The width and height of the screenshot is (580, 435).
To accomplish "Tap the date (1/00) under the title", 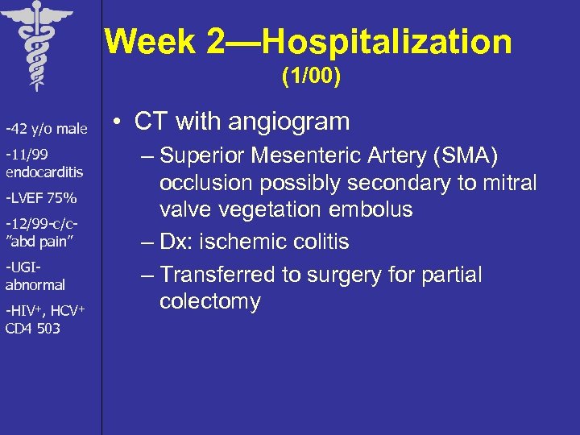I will point(311,77).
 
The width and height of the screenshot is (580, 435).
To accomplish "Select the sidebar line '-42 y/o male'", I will point(47,129).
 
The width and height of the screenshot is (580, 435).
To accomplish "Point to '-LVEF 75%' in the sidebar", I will point(41,198).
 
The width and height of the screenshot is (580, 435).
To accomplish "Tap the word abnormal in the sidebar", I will point(35,284).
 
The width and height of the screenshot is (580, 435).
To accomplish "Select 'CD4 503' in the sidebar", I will point(33,328).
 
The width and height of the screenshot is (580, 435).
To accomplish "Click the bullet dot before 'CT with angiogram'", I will point(118,122).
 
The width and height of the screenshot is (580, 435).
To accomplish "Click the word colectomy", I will point(209,302).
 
